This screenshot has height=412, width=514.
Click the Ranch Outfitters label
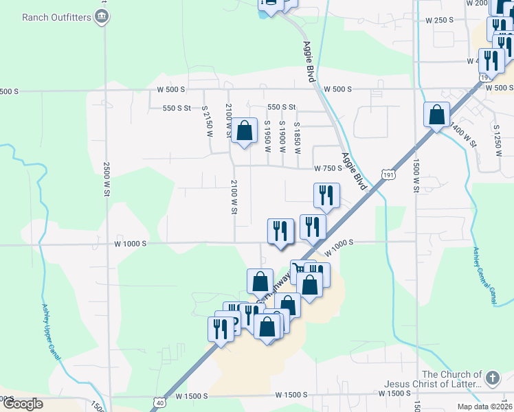coord(56,16)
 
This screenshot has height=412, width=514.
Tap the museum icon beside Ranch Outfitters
coord(102,16)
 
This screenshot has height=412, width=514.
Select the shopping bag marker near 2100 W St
coord(244,130)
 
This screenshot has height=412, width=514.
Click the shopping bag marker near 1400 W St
coord(436,115)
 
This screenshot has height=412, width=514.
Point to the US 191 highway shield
coord(390,176)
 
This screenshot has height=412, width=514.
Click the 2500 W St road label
coord(107,181)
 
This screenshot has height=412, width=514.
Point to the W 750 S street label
coord(328,168)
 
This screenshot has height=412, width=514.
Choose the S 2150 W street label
coord(208,121)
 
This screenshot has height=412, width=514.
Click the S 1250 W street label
coord(498,138)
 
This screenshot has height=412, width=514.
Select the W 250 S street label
coord(440,21)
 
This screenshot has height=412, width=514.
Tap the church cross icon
coord(491,378)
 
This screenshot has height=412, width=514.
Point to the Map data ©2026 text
coord(484,407)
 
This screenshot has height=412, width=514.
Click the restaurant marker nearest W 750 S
coord(326,196)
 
